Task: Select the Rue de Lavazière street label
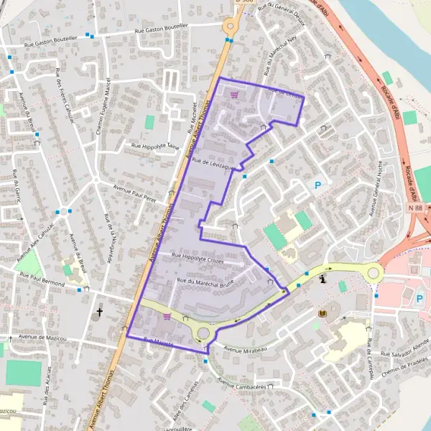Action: pyautogui.click(x=213, y=164)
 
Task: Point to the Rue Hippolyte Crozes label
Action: pyautogui.click(x=198, y=259)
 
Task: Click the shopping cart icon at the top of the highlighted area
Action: pyautogui.click(x=232, y=93)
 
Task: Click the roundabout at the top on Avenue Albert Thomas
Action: pyautogui.click(x=230, y=26)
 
